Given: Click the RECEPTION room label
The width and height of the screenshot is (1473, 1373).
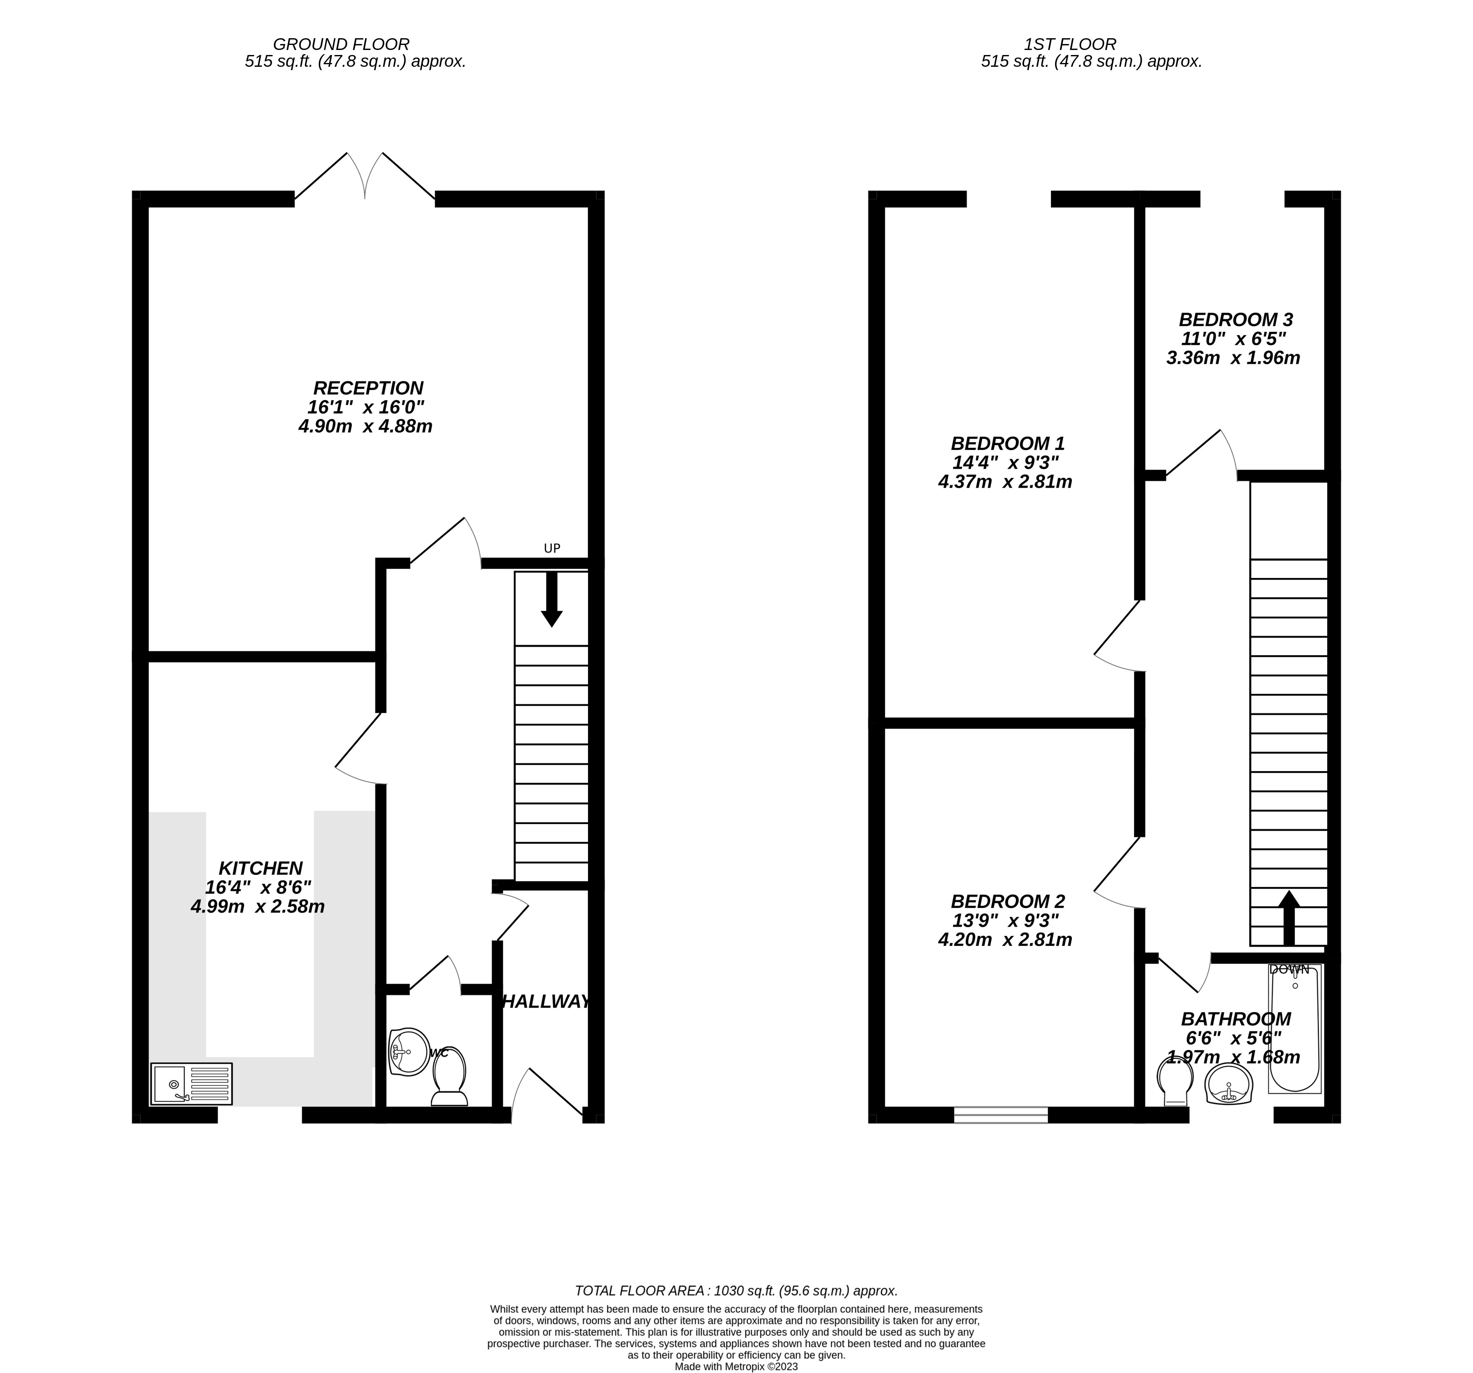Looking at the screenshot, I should coord(368,388).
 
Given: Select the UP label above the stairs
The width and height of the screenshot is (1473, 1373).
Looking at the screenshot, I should coord(552,548).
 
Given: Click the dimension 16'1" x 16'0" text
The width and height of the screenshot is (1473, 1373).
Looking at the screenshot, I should coord(366,407).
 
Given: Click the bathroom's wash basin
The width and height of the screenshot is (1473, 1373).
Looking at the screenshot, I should coord(1229,1086).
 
